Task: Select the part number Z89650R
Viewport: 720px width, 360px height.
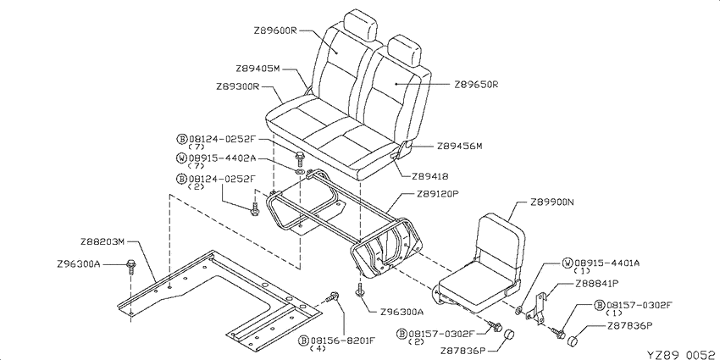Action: click(x=477, y=85)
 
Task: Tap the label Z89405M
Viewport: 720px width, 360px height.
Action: click(x=258, y=69)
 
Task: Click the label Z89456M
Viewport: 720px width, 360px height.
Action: click(x=460, y=147)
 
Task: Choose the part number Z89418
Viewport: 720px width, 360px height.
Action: click(x=430, y=176)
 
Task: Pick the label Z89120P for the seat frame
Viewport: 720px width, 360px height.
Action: click(x=439, y=193)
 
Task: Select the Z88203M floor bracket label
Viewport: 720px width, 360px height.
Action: click(x=102, y=241)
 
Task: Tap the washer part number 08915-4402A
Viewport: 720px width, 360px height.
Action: click(x=223, y=158)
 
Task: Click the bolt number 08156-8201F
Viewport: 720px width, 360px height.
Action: click(x=343, y=341)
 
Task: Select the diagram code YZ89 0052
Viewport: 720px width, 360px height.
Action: click(x=682, y=354)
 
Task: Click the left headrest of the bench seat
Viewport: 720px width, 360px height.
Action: click(x=360, y=24)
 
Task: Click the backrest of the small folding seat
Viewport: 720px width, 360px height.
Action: click(x=501, y=242)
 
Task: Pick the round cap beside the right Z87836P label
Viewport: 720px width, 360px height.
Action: click(x=573, y=341)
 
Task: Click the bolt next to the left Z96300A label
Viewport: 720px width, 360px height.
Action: click(x=130, y=267)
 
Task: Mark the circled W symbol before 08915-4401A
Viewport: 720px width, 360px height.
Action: click(x=568, y=263)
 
